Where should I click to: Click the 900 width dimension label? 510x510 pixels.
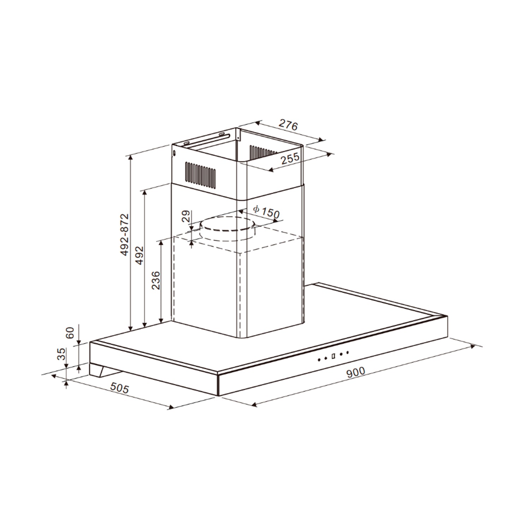pyautogui.click(x=355, y=372)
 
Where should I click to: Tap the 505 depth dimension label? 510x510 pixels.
pyautogui.click(x=119, y=388)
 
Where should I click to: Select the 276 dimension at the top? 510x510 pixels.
pyautogui.click(x=288, y=125)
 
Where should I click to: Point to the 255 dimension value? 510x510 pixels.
pyautogui.click(x=290, y=158)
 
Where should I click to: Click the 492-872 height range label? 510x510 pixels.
pyautogui.click(x=124, y=234)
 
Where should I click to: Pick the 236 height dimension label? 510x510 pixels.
pyautogui.click(x=156, y=281)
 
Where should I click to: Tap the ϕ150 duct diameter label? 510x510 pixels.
pyautogui.click(x=266, y=212)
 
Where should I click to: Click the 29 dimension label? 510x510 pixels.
pyautogui.click(x=186, y=216)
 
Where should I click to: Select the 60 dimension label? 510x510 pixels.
pyautogui.click(x=70, y=333)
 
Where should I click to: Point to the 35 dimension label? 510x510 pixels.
pyautogui.click(x=61, y=354)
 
